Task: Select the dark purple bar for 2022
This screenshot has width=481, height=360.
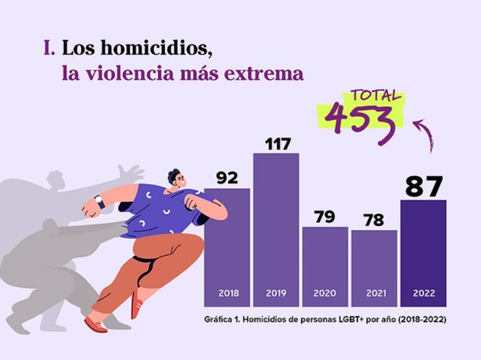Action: [423, 250]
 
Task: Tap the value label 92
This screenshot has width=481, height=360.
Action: [227, 178]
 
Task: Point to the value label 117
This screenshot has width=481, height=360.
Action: [276, 144]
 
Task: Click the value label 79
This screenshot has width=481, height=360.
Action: [325, 217]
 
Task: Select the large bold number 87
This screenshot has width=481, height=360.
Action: [423, 186]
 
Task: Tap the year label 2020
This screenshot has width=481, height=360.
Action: [325, 293]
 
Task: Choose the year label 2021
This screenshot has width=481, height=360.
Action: [374, 293]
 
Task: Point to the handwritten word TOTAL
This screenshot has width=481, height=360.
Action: [376, 96]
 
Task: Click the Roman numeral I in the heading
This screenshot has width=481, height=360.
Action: [48, 48]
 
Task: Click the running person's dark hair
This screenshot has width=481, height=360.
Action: [173, 173]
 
